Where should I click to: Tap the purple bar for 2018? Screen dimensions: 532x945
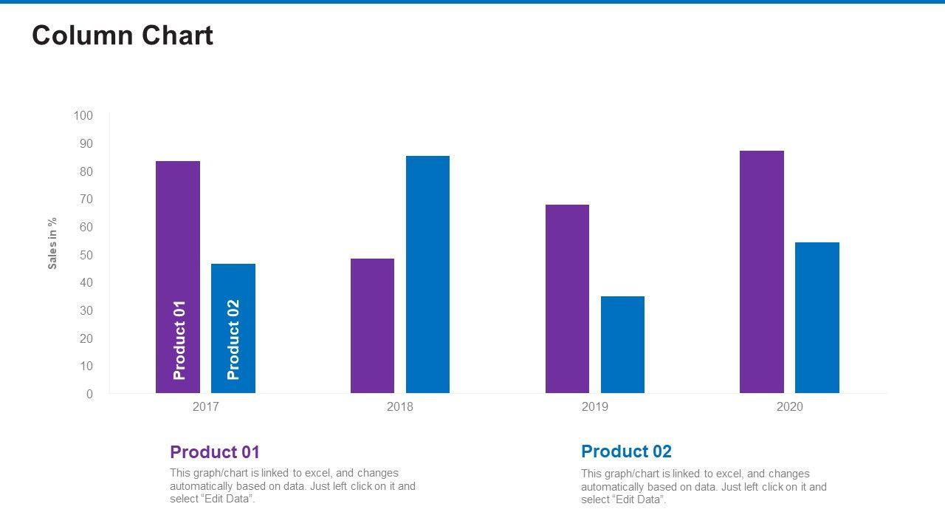[372, 326]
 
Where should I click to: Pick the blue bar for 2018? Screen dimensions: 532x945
[427, 274]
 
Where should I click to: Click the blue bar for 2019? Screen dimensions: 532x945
[622, 344]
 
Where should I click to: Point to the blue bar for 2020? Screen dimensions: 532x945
[817, 318]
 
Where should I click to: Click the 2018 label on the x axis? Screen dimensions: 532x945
[400, 407]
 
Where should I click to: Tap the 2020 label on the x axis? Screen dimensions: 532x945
[789, 407]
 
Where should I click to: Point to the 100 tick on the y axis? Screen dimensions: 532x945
[83, 116]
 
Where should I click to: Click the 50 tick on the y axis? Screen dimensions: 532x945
[86, 255]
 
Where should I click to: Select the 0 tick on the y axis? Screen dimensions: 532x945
[90, 394]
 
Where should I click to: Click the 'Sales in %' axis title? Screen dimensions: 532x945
[52, 243]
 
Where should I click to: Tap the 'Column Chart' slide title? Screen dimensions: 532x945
[123, 35]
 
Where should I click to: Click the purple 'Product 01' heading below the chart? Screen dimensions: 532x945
[215, 452]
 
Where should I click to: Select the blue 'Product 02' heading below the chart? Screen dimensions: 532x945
[626, 451]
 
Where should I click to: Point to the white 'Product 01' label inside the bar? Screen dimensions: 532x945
[179, 340]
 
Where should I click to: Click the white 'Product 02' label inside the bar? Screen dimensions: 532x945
[233, 340]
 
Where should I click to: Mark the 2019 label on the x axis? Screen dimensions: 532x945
[595, 407]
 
